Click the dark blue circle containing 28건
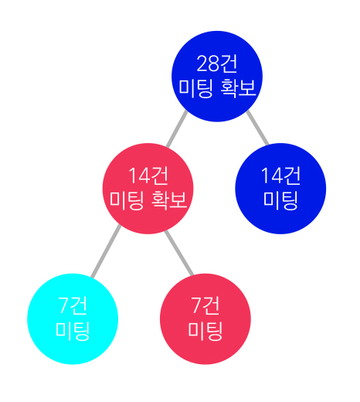[217, 77]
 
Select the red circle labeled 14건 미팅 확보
[148, 189]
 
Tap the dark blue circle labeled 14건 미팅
[280, 189]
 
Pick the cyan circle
[73, 319]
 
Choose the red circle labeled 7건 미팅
[205, 319]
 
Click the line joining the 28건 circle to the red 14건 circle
[177, 128]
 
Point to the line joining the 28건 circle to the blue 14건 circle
[257, 128]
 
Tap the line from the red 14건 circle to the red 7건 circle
[179, 253]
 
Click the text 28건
[217, 63]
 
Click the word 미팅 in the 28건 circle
[196, 88]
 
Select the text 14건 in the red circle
[148, 175]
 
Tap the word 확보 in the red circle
[169, 200]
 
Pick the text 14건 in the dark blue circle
[280, 175]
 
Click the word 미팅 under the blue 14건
[280, 200]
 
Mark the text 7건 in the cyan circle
[73, 305]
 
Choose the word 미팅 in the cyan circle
[73, 331]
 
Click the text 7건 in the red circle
[205, 305]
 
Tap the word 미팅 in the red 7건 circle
[205, 331]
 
